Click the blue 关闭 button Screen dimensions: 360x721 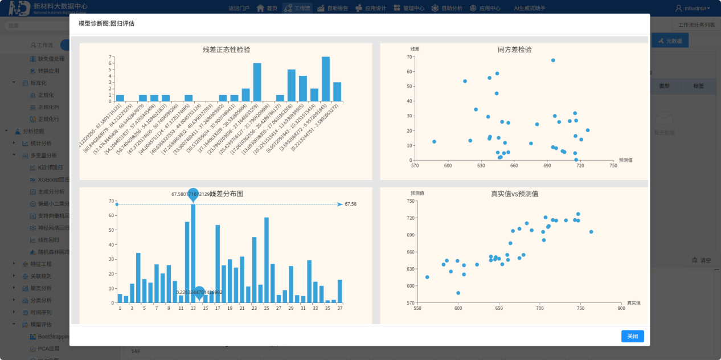coord(632,336)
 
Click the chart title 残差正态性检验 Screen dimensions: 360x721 coord(226,50)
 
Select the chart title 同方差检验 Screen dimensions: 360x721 coord(514,50)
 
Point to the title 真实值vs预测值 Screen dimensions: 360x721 coord(514,194)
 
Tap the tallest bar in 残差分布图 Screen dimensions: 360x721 coord(193,253)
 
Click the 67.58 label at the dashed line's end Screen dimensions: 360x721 coord(351,204)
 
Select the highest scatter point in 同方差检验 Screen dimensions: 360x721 coord(553,60)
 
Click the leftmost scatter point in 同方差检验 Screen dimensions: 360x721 coord(434,142)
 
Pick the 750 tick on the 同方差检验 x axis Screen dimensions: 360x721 coord(613,166)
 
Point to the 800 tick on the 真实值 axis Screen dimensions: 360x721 coord(621,308)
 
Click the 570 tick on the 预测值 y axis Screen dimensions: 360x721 coord(411,302)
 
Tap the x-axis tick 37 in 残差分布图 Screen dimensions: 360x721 coord(340,308)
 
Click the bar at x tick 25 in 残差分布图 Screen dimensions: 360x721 coord(267,260)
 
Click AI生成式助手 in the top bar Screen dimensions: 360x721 coord(529,8)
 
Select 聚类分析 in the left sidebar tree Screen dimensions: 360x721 coord(41,288)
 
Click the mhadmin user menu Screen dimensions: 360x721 coord(693,8)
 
